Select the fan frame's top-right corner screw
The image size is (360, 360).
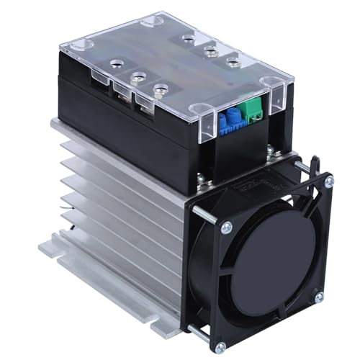click(x=328, y=183)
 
